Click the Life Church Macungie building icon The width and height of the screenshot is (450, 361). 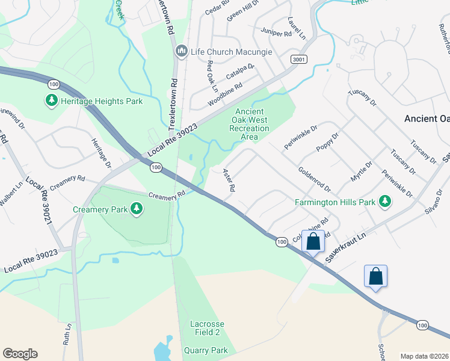pos(181,52)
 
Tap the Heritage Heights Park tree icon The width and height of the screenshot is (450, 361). pos(52,100)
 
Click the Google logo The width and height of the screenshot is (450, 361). pos(20,354)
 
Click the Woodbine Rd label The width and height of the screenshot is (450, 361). pos(224,94)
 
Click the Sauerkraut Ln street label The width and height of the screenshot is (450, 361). pos(345,248)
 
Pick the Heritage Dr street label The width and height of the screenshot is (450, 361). pos(100,153)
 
